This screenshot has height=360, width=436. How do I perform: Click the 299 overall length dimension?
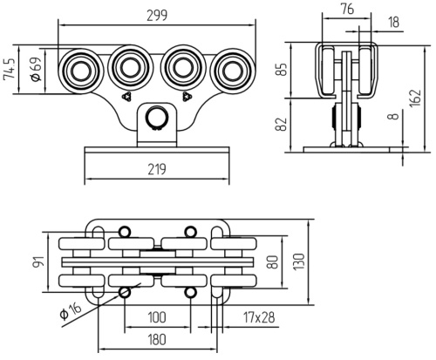[x=157, y=16]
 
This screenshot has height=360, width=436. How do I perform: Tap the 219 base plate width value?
[x=157, y=169]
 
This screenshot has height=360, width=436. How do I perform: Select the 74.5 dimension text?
[x=9, y=69]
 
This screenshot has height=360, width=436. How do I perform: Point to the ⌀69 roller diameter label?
[x=37, y=70]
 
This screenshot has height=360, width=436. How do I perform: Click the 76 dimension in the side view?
[x=347, y=10]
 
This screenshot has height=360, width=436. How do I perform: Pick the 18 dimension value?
[x=394, y=23]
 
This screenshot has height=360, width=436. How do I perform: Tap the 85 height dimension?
[x=282, y=69]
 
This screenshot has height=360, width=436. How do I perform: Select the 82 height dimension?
[x=282, y=124]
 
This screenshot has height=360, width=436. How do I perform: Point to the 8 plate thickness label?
[x=393, y=116]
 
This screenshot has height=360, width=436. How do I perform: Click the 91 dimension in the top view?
[x=40, y=262]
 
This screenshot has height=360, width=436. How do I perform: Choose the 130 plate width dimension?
[x=299, y=262]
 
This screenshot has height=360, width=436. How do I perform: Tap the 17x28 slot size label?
[x=259, y=317]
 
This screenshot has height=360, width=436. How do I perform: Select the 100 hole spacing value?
[x=157, y=317]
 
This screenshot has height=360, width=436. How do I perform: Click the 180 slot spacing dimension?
[x=157, y=339]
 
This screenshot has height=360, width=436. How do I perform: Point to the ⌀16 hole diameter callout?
[x=70, y=310]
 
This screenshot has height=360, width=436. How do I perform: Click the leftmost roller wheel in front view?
[x=79, y=71]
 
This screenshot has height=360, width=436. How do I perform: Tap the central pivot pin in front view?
[x=157, y=118]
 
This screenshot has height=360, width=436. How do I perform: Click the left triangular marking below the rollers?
[x=126, y=97]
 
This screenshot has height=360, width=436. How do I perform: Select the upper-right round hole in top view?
[x=190, y=232]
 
